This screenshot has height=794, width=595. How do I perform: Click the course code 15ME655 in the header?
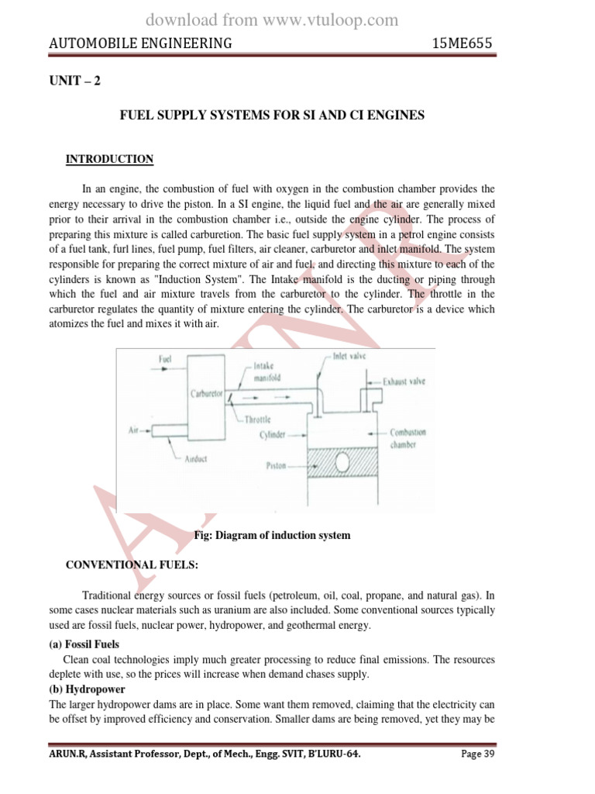pos(462,43)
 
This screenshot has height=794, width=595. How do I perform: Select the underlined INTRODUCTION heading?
pos(109,159)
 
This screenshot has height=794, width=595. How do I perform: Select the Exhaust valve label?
pos(404,381)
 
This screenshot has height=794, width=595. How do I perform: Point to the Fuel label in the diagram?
pos(165,359)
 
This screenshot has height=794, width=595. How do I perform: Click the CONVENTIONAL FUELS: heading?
pos(132,565)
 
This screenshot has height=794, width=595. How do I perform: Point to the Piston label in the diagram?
pos(275,467)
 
